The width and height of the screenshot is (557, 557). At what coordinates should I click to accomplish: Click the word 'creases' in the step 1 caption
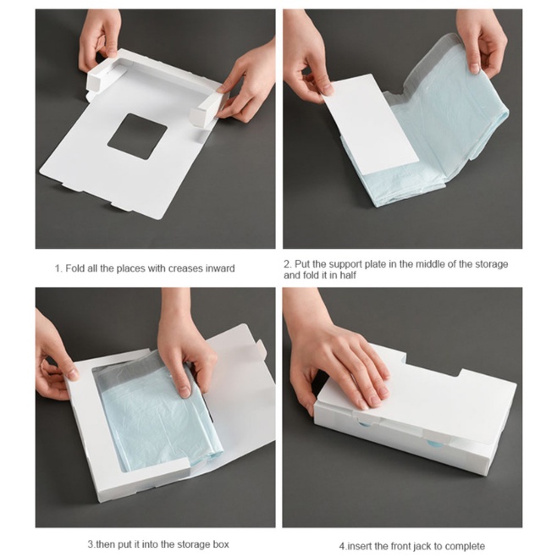[185, 268]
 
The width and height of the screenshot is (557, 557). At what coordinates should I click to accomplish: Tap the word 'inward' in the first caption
[220, 268]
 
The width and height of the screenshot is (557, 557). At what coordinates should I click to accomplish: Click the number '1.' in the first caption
[58, 268]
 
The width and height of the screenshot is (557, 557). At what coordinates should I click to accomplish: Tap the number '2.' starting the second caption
[288, 264]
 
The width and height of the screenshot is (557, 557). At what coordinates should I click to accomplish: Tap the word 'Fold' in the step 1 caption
[75, 268]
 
